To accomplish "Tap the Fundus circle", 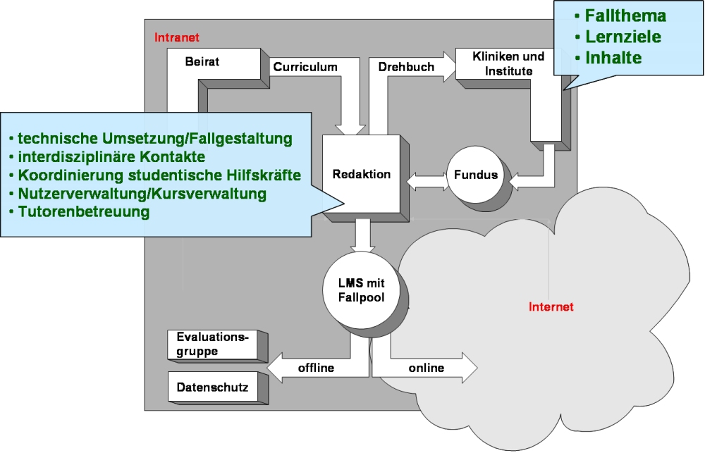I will pos(477,175).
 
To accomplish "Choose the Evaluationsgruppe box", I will pos(212,343).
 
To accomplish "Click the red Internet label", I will pos(551,306).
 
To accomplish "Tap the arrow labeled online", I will pos(427,368).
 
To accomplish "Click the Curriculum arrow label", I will pos(305,68).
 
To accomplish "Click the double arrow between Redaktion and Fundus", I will pos(427,180).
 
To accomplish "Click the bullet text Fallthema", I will pos(625,15).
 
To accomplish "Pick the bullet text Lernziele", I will pos(621,37).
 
